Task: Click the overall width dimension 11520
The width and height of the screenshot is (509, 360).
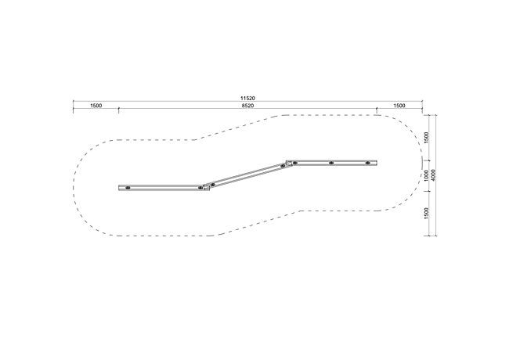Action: point(247,98)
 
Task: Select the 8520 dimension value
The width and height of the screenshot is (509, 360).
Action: point(247,106)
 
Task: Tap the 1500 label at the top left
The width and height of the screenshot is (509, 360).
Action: point(96,106)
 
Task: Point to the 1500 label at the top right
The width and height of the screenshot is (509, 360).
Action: point(399,106)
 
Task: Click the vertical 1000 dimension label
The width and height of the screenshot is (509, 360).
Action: point(427,175)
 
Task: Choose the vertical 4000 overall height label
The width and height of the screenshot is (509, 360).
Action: point(434,175)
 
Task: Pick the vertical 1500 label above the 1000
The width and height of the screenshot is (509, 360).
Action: point(427,137)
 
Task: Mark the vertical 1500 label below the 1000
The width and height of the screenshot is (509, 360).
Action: point(427,214)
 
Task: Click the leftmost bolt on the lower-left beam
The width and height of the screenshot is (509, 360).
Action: point(128,188)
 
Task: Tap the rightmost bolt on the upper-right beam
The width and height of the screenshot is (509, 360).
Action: point(367,163)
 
